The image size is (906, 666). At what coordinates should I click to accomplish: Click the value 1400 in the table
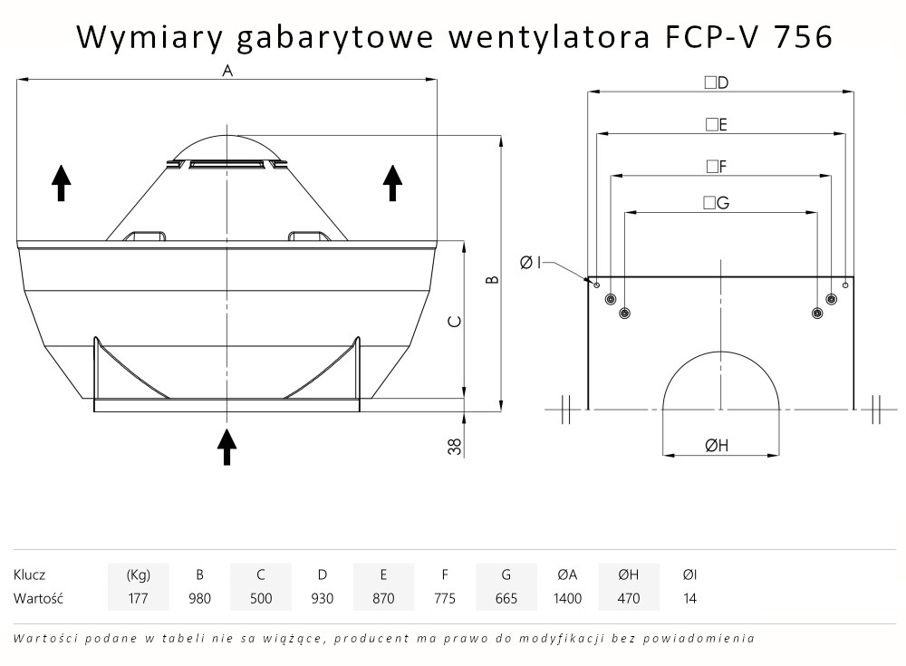pyautogui.click(x=567, y=598)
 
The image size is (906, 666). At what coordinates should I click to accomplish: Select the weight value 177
pyautogui.click(x=138, y=598)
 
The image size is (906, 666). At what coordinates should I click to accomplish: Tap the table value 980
pyautogui.click(x=199, y=598)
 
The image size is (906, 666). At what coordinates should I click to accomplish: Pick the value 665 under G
pyautogui.click(x=506, y=598)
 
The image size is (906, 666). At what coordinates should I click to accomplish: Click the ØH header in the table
pyautogui.click(x=628, y=574)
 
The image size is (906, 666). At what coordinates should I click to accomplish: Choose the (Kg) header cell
pyautogui.click(x=138, y=574)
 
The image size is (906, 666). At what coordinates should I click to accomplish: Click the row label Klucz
pyautogui.click(x=30, y=574)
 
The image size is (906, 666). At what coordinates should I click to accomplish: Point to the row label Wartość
pyautogui.click(x=36, y=598)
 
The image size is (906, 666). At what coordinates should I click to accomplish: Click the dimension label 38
pyautogui.click(x=455, y=445)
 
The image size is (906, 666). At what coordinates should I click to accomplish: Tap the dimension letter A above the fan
pyautogui.click(x=227, y=71)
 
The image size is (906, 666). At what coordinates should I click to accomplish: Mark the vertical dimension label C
pyautogui.click(x=456, y=322)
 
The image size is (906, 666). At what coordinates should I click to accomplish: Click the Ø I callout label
pyautogui.click(x=531, y=262)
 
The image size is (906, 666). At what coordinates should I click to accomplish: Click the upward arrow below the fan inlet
pyautogui.click(x=226, y=445)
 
